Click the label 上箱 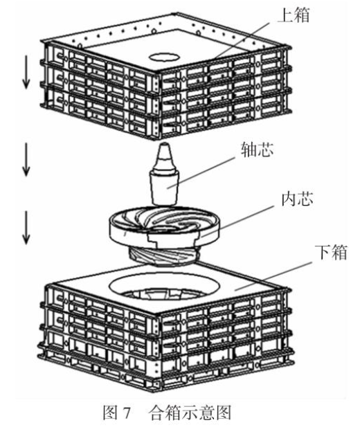click(294, 15)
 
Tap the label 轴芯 click(258, 150)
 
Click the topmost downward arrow click(26, 72)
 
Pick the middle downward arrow click(26, 159)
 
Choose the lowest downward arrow click(26, 228)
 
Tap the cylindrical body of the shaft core click(163, 187)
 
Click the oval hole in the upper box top click(163, 57)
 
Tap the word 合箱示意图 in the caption click(190, 414)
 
